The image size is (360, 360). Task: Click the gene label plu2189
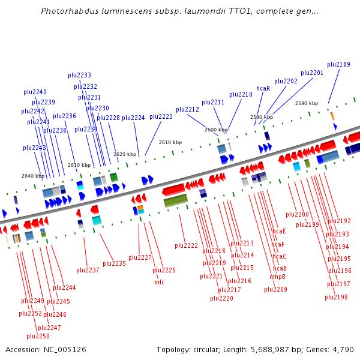[339, 65]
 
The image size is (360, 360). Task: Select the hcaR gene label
[263, 89]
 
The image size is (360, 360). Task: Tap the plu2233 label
[80, 76]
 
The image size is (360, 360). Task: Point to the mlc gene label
[159, 282]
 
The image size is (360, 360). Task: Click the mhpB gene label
[277, 277]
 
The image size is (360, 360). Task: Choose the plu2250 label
[38, 337]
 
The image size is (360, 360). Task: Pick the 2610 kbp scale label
[170, 143]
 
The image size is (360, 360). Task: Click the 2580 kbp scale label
[306, 104]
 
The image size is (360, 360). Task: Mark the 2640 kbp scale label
[33, 176]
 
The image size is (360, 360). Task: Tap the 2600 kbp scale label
[216, 130]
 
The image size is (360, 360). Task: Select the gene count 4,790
[343, 350]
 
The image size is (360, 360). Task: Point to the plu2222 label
[187, 246]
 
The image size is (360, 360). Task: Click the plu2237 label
[88, 271]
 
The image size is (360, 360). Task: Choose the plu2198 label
[337, 298]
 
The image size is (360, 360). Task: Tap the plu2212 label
[188, 110]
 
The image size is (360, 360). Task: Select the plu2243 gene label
[35, 148]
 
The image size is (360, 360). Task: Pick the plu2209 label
[276, 290]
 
